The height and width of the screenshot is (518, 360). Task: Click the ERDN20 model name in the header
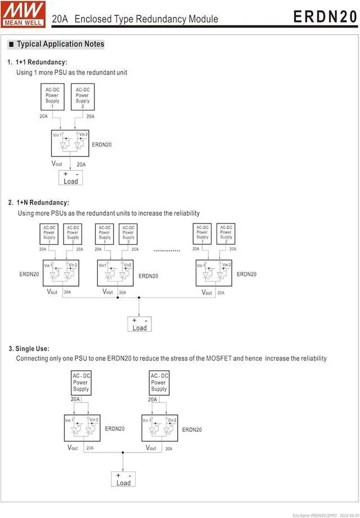[325, 17]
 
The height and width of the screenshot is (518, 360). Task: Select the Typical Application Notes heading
[60, 44]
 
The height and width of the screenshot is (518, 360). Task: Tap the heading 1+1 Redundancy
[41, 62]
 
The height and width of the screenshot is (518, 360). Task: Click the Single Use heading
[33, 349]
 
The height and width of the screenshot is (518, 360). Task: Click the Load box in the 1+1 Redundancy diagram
[71, 178]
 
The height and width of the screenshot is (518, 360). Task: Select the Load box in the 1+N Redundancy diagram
[139, 324]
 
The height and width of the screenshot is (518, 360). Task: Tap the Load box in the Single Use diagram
[124, 479]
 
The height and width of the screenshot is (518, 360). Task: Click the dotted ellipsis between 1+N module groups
[166, 250]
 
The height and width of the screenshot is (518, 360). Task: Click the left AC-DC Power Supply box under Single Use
[81, 382]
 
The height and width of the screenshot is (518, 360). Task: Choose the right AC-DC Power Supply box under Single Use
[159, 382]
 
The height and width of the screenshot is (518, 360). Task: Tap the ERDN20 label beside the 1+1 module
[102, 145]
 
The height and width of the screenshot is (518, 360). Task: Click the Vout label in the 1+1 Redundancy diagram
[57, 164]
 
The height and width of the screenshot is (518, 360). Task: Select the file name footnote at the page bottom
[325, 513]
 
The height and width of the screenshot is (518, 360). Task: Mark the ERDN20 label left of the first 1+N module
[29, 274]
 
